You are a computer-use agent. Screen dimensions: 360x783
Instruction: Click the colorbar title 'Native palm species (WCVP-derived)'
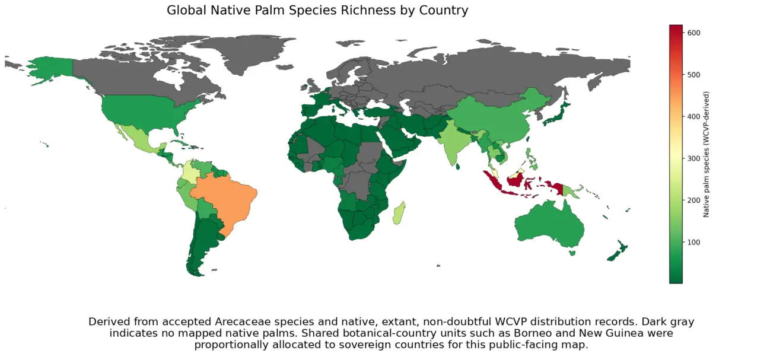pos(706,154)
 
